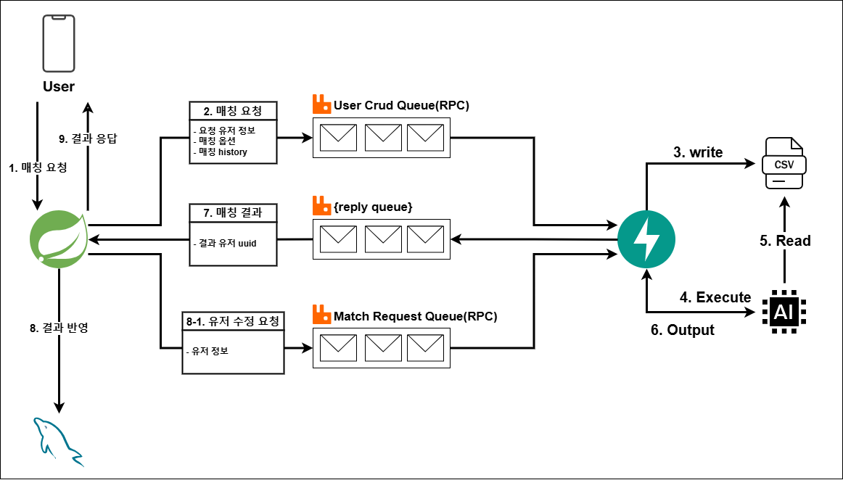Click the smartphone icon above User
[58, 44]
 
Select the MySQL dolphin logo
[58, 439]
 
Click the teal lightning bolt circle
[646, 236]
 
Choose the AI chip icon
[784, 312]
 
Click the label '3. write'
[698, 152]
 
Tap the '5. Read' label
[785, 241]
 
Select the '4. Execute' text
[715, 297]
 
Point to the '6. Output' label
[682, 330]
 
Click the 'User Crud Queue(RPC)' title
[401, 106]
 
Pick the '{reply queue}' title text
[373, 207]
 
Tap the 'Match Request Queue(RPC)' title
[416, 316]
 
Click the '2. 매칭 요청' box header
[232, 111]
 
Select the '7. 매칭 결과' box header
[232, 213]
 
